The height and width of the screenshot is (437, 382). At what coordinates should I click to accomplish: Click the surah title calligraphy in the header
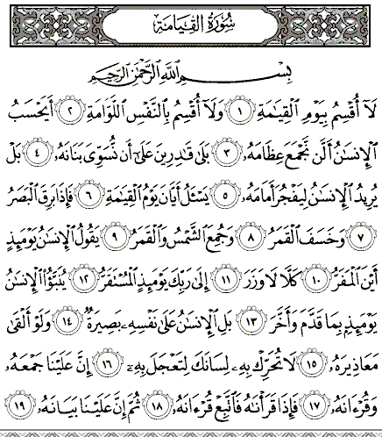[190, 20]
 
